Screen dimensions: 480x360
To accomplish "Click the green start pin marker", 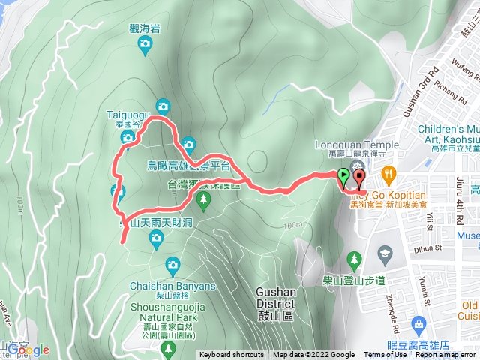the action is tap(343, 178).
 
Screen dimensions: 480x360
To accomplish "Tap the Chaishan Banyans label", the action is tap(172, 286).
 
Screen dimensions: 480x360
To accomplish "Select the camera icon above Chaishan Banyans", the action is tap(172, 264).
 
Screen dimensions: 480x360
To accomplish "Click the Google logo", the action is tap(28, 349).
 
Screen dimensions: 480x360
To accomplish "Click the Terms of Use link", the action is tap(385, 355).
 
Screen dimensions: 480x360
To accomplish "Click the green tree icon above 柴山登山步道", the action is tap(353, 261).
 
